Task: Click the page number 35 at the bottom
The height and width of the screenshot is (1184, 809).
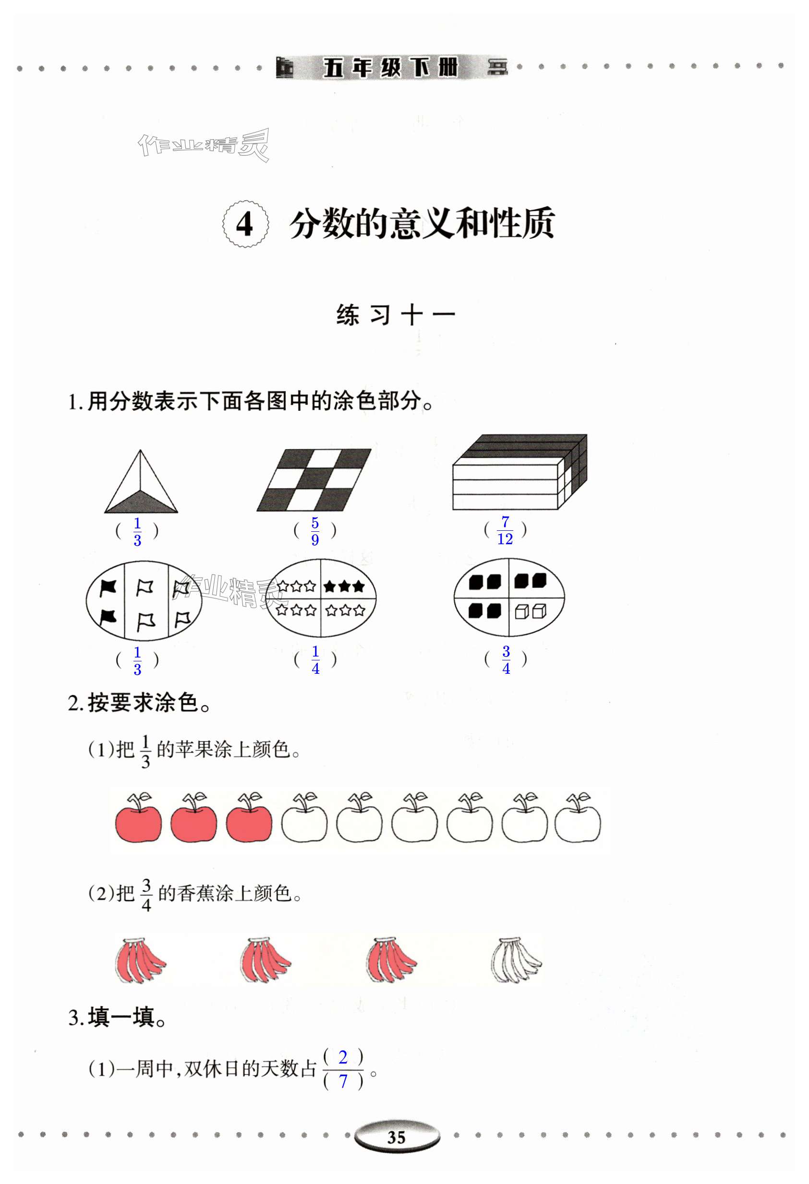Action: click(x=396, y=1137)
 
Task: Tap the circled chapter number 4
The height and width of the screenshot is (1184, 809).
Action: click(x=245, y=224)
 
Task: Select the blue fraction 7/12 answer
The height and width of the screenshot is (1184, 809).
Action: click(x=505, y=530)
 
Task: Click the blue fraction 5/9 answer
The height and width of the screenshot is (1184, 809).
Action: click(x=315, y=531)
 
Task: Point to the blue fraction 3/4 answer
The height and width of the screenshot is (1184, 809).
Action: click(x=506, y=660)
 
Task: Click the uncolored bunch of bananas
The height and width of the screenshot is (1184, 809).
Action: click(x=515, y=960)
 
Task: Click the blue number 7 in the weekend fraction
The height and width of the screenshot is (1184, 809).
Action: click(x=343, y=1081)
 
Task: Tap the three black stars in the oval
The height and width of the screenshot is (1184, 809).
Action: click(x=344, y=586)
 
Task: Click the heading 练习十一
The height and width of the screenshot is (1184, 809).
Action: click(x=396, y=315)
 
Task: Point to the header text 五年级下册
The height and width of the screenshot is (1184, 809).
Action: click(x=391, y=67)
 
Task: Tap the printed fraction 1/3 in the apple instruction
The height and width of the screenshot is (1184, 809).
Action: click(x=145, y=752)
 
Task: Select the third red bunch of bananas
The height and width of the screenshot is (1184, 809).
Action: click(x=391, y=960)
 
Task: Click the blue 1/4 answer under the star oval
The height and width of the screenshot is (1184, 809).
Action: click(x=315, y=660)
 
